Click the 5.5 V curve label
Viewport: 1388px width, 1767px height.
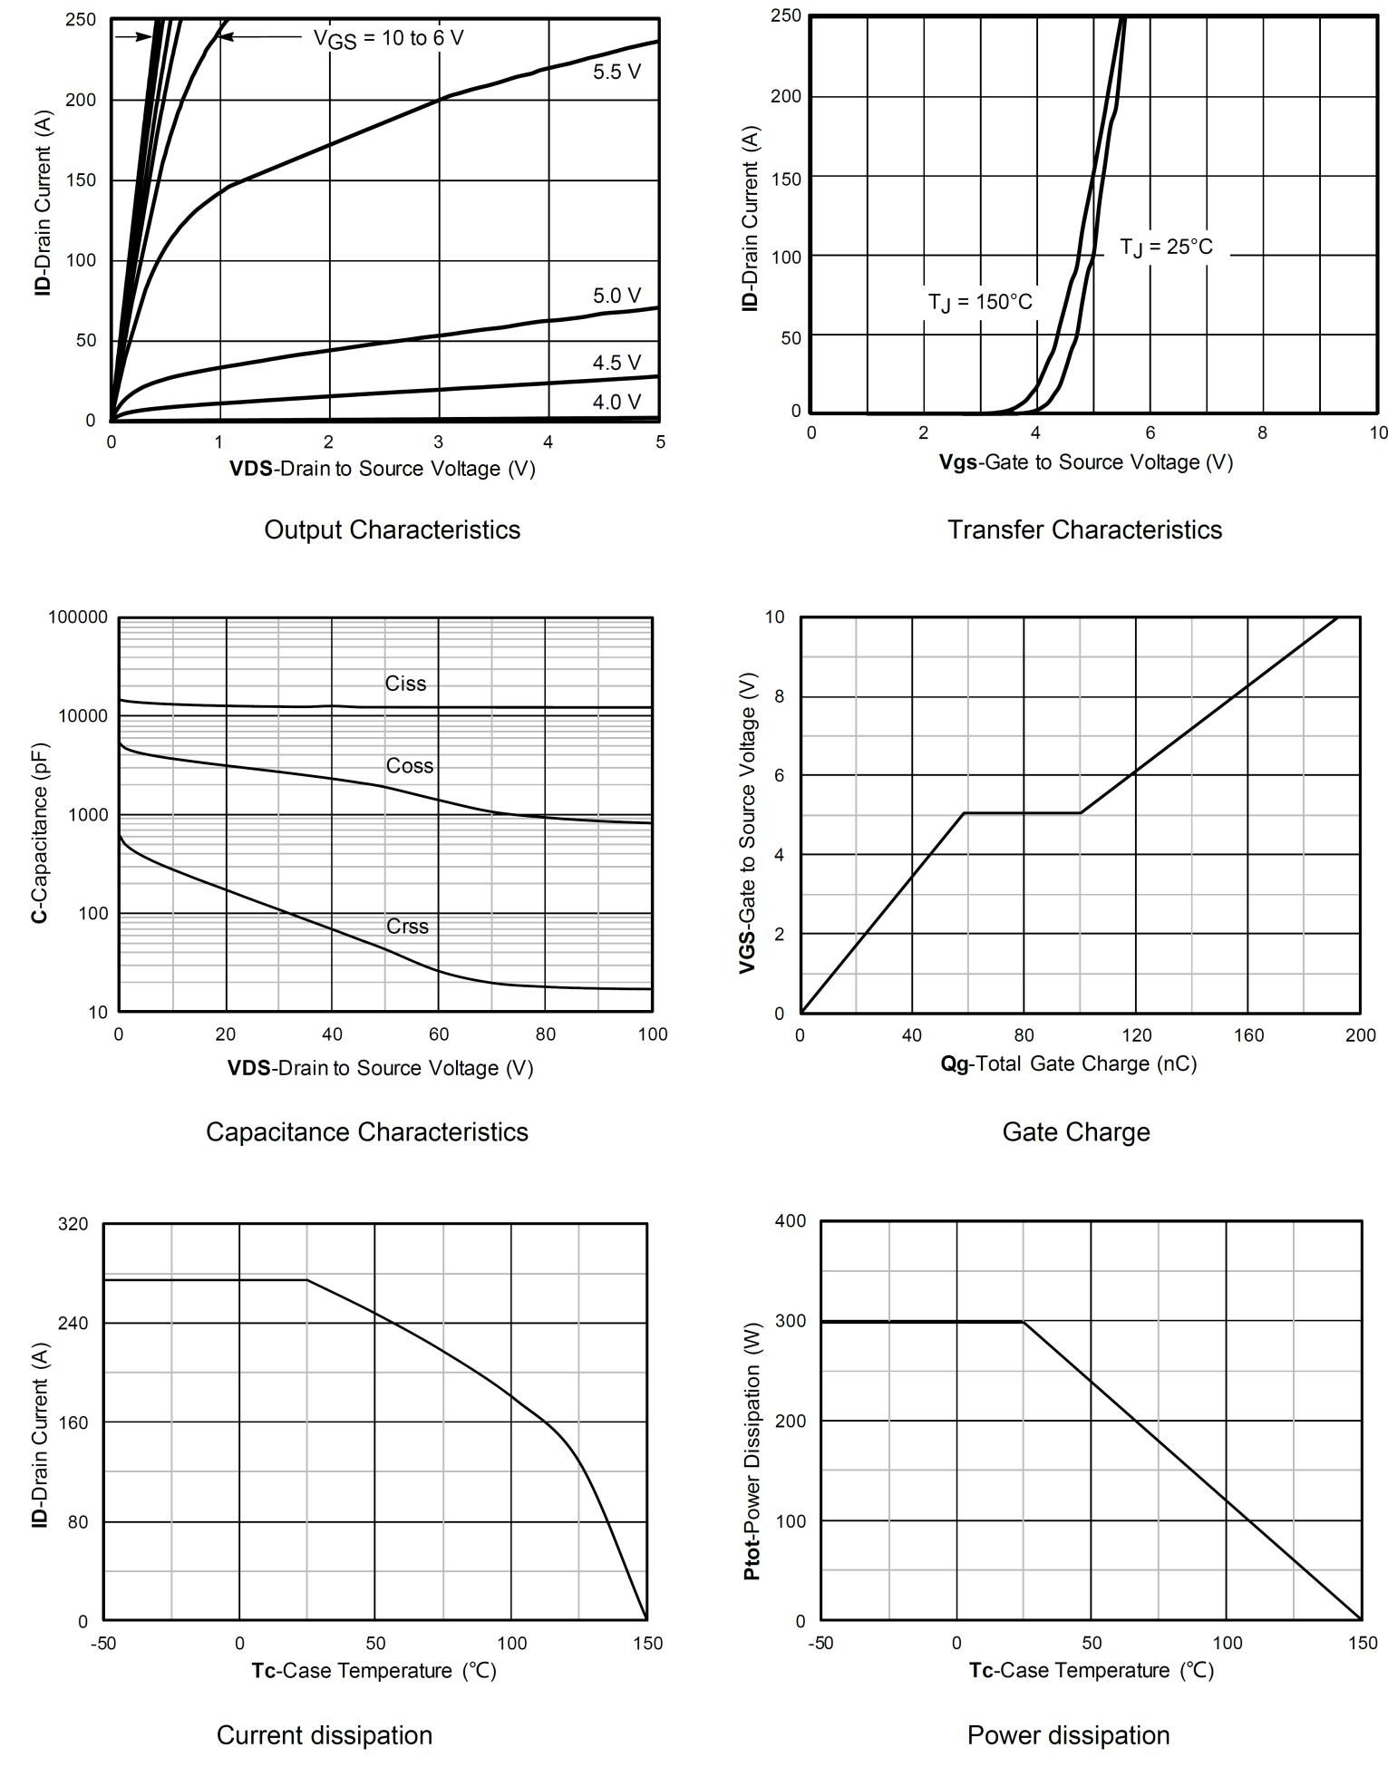point(616,72)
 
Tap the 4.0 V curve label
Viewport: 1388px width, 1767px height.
point(616,402)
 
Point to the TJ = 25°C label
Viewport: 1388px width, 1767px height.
point(1166,248)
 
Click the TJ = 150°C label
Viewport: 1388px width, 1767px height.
point(979,302)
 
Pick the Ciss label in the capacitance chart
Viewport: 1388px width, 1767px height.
point(405,684)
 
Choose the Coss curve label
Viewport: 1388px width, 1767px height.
point(410,766)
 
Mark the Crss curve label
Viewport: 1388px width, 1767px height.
point(407,927)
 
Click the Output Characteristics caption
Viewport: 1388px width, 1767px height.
point(392,529)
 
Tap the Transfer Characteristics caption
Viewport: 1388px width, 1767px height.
point(1084,529)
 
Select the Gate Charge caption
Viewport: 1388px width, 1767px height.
point(1075,1131)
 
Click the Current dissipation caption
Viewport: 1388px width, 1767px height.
point(324,1734)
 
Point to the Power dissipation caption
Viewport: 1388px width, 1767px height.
point(1068,1734)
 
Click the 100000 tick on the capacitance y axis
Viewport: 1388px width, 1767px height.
point(77,617)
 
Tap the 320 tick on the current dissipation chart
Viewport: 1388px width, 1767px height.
point(73,1224)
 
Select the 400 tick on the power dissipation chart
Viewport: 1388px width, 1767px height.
point(791,1221)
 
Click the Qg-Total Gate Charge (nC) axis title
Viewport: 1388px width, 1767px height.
point(1068,1063)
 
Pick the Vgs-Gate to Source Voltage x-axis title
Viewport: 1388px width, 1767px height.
point(1085,462)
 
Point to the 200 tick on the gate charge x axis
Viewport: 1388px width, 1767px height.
point(1360,1035)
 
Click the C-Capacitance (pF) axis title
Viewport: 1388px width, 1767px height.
point(39,833)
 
